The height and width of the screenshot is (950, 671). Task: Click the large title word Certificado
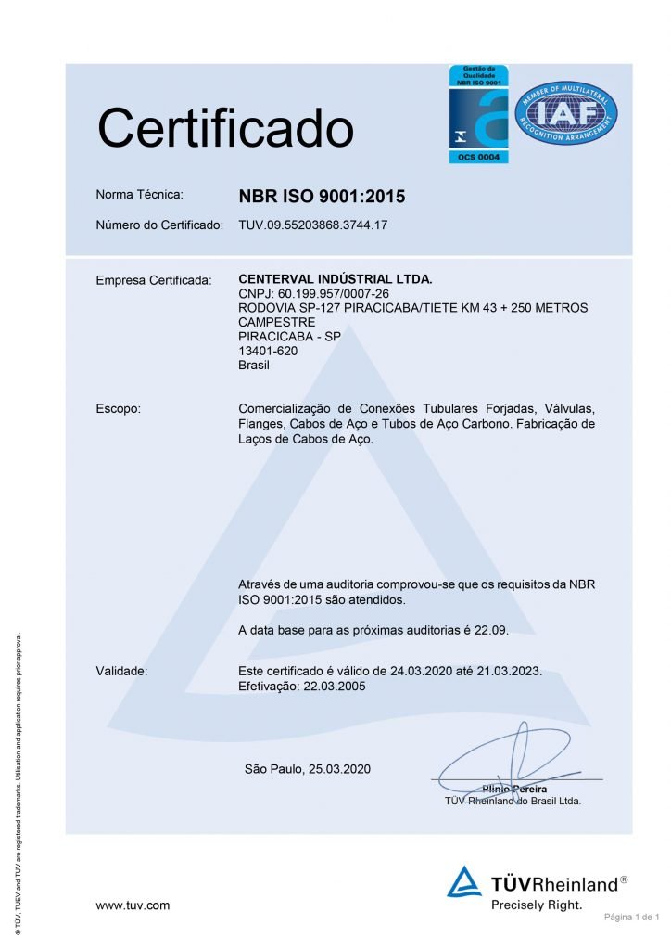[x=225, y=129]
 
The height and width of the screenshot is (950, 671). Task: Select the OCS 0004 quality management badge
[x=478, y=113]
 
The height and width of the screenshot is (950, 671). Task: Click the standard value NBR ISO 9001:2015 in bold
[x=322, y=197]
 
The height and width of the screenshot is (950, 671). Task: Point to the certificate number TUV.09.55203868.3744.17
[x=312, y=225]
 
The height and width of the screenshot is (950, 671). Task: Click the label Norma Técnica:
[x=140, y=195]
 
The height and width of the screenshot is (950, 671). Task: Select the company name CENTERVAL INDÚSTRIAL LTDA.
[x=335, y=278]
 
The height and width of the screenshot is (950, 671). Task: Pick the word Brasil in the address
[x=254, y=366]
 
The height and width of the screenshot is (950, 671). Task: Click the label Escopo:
[x=118, y=408]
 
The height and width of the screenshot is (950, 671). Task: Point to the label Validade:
[x=121, y=670]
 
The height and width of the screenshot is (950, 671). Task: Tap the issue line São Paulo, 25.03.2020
[x=307, y=769]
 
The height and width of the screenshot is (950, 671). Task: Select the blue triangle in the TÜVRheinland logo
[x=464, y=882]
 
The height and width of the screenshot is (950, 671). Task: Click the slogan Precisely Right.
[x=537, y=905]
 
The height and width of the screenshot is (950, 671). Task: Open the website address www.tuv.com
[x=133, y=905]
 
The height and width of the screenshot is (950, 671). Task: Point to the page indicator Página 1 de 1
[x=631, y=918]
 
